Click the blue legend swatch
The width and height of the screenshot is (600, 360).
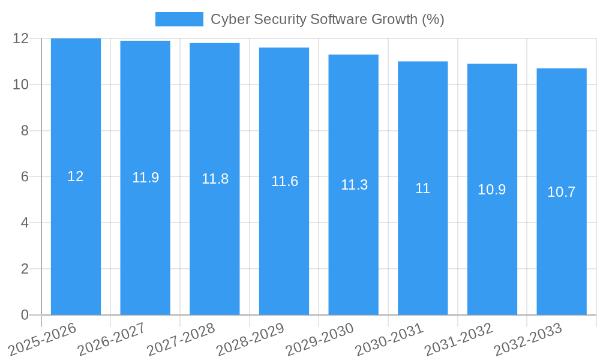179,19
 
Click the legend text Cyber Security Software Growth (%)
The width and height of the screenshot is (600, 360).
327,19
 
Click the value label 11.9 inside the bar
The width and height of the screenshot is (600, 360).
145,178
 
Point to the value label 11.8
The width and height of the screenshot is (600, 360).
215,179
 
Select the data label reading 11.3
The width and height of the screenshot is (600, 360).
354,185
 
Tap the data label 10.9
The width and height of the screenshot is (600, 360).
492,190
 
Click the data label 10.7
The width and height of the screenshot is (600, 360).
562,192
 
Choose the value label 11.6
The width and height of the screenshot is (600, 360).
284,181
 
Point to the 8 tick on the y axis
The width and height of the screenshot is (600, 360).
25,131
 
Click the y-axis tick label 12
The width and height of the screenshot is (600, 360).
21,38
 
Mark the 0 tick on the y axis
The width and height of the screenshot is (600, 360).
25,315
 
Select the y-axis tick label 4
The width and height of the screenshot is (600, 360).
25,223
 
